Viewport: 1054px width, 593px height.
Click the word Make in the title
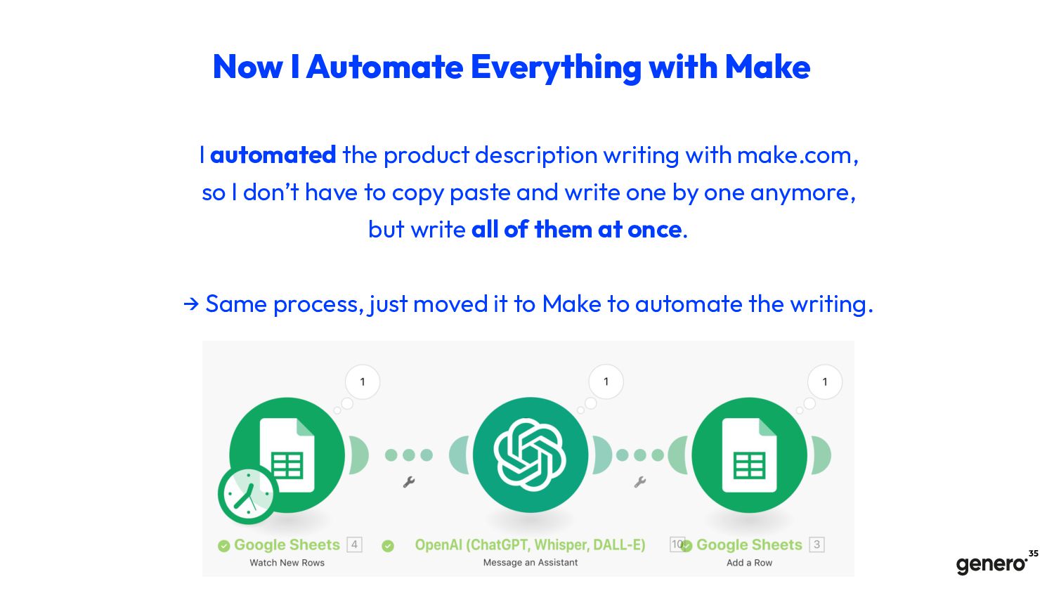(x=767, y=67)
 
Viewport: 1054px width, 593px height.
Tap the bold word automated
(x=273, y=155)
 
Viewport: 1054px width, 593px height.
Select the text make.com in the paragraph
(x=798, y=155)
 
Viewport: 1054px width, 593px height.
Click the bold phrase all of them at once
(x=576, y=230)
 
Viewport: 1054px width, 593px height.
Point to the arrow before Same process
(x=191, y=304)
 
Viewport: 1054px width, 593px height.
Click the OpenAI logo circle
(x=531, y=455)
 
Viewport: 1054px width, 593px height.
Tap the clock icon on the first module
(x=248, y=495)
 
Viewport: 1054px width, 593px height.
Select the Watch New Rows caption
(x=287, y=562)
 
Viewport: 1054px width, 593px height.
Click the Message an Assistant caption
(x=531, y=562)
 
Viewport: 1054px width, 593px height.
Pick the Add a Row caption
(x=749, y=562)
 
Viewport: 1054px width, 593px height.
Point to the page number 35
(x=1034, y=554)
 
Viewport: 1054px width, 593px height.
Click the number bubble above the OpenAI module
(x=606, y=382)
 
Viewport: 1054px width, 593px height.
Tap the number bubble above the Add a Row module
(x=825, y=382)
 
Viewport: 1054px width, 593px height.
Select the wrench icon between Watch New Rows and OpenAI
(x=409, y=482)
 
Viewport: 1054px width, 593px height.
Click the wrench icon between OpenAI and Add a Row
(x=640, y=482)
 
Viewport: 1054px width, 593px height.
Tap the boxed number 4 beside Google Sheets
(x=354, y=545)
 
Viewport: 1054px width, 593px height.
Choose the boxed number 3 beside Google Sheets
(x=816, y=545)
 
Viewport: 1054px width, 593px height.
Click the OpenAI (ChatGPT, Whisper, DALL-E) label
(x=530, y=545)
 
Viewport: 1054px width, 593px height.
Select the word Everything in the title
(x=556, y=67)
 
